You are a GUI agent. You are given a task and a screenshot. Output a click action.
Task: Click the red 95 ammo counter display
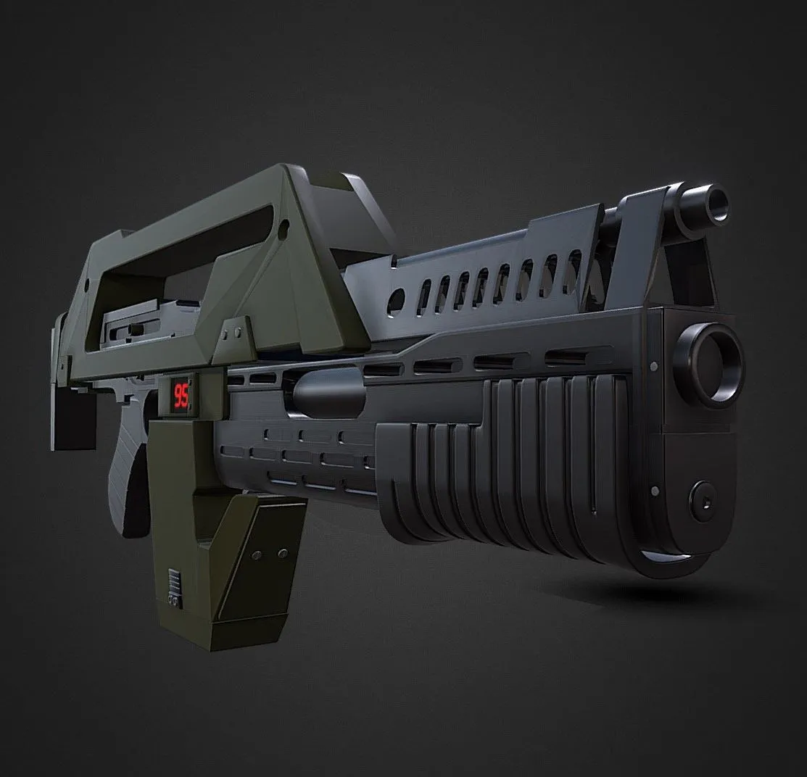(182, 395)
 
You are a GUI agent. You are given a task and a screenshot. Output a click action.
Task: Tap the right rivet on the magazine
(282, 553)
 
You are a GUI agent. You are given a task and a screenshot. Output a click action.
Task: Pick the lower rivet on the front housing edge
(655, 491)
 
